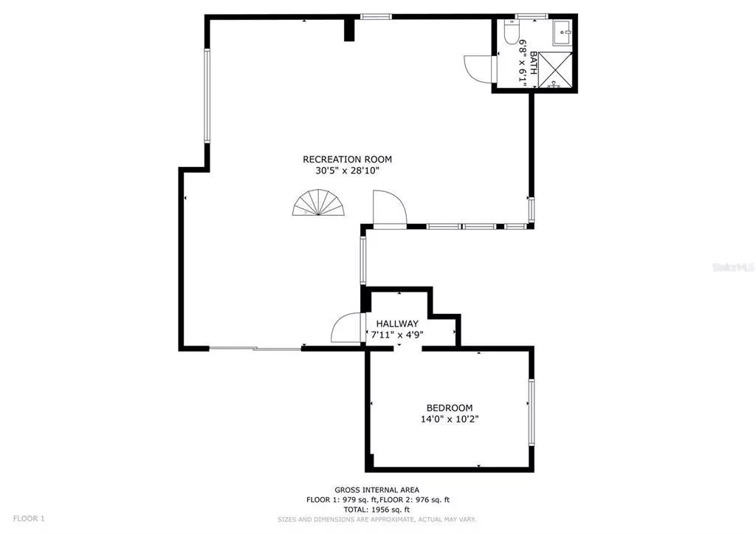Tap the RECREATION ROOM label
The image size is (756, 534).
(347, 160)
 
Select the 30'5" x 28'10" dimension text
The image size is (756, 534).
(347, 171)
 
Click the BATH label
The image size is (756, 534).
(533, 63)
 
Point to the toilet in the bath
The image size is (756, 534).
(511, 31)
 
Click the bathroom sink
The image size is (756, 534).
(562, 32)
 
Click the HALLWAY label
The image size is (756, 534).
(397, 324)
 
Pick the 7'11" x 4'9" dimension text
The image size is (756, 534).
(397, 335)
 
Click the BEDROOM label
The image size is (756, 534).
(450, 408)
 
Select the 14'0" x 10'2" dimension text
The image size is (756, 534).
(450, 420)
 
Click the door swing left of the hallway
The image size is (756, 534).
(346, 327)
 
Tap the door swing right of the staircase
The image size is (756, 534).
(390, 208)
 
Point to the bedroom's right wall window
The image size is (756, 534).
(532, 412)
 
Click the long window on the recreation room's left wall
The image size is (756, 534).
(207, 95)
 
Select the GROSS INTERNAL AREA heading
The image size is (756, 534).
(377, 490)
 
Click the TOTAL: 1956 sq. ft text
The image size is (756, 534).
(377, 510)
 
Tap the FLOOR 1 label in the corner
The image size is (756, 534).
(29, 518)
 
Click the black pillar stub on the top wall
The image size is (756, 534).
(349, 29)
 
